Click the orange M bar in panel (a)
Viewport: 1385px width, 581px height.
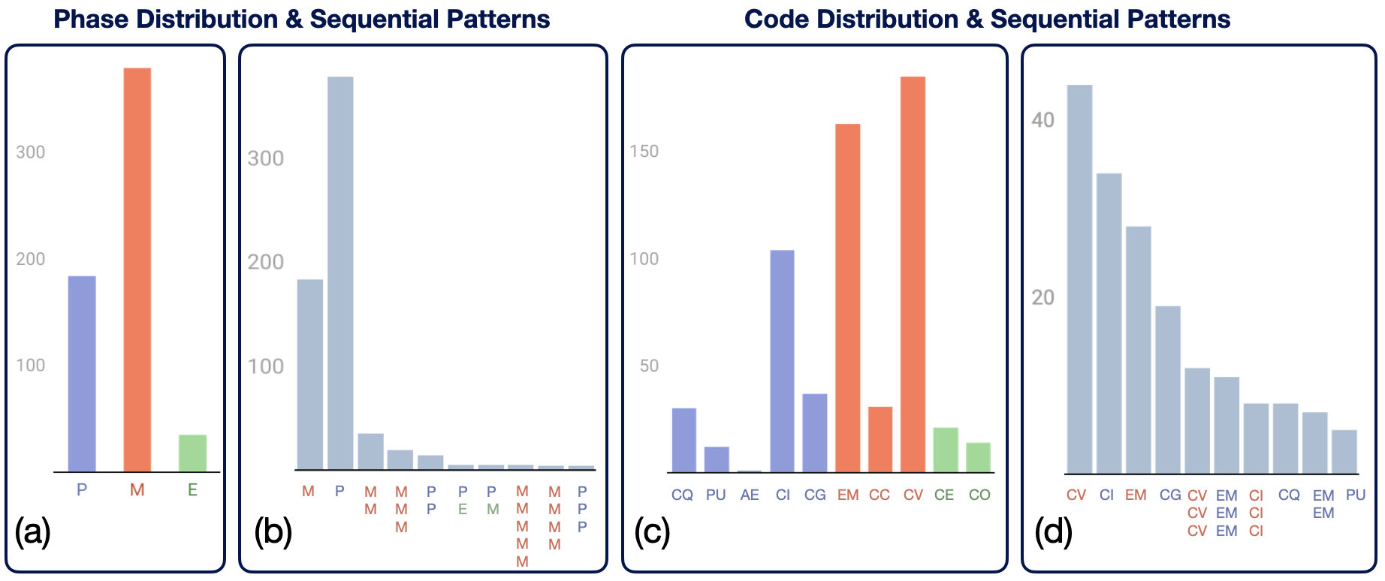[x=137, y=269]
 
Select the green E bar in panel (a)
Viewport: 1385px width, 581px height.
[x=192, y=453]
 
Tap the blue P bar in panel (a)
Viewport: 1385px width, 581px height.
[x=82, y=373]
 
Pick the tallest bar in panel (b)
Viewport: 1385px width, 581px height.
[x=340, y=273]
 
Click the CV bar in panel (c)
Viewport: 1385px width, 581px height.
[x=913, y=274]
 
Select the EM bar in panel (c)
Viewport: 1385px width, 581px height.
[x=847, y=298]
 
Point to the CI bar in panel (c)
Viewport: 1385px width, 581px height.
[x=782, y=361]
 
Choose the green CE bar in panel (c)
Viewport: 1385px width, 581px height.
[x=945, y=450]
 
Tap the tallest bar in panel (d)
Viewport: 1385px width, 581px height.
[x=1079, y=278]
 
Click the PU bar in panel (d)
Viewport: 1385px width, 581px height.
[x=1344, y=451]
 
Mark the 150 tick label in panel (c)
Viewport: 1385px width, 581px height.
[x=644, y=152]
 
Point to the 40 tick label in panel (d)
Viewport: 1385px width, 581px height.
[x=1043, y=120]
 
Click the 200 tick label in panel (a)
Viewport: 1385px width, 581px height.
[x=30, y=259]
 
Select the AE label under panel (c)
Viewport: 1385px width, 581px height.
[x=749, y=495]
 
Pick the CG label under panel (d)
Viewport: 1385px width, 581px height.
[x=1170, y=495]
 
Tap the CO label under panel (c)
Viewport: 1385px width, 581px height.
[x=979, y=495]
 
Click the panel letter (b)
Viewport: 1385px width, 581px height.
[x=273, y=532]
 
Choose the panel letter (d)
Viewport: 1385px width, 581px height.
[x=1053, y=532]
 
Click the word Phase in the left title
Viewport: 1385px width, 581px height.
[x=91, y=20]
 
